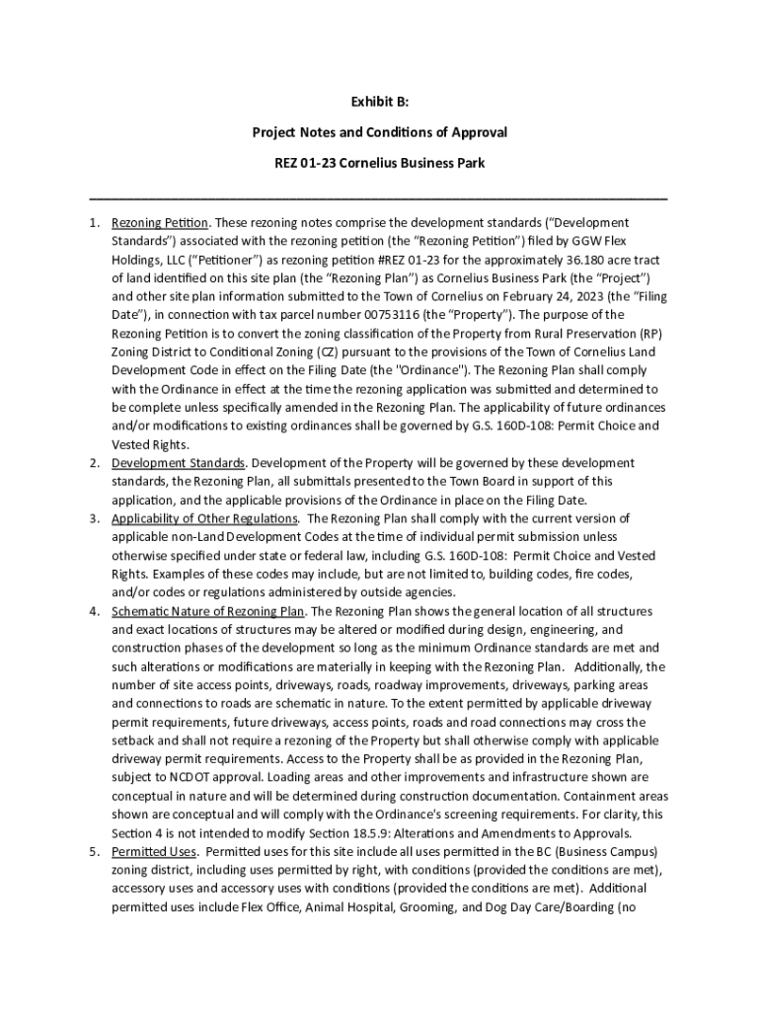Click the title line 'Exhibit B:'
[x=379, y=102]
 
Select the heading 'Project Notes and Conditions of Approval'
[x=379, y=131]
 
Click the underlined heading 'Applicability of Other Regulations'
[x=204, y=518]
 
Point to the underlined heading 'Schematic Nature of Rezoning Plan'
[x=208, y=611]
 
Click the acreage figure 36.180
[x=576, y=260]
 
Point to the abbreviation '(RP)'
[x=649, y=334]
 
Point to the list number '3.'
[x=94, y=518]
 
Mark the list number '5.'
[x=94, y=851]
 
